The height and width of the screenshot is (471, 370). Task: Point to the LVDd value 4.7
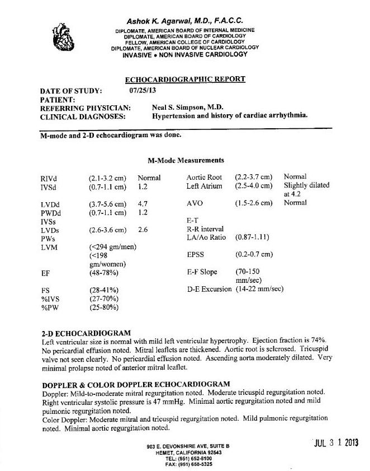[143, 204]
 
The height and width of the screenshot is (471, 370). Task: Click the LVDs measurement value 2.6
[143, 230]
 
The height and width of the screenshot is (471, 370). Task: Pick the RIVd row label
[48, 178]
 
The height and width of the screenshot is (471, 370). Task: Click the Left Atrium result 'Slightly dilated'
[307, 185]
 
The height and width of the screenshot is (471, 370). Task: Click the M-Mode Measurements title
[186, 160]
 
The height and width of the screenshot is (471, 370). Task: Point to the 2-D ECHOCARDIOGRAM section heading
[86, 333]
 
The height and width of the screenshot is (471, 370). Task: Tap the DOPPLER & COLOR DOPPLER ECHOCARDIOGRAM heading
[136, 384]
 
